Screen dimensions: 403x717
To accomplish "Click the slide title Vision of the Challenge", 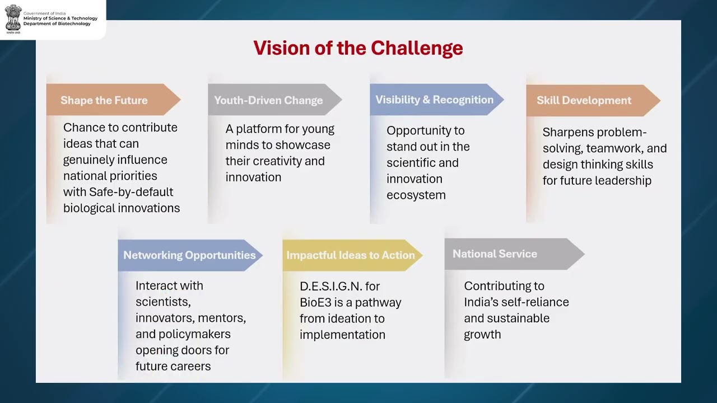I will tap(358, 48).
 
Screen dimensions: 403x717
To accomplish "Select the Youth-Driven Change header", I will tap(268, 100).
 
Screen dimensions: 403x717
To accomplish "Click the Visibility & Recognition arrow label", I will tap(434, 100).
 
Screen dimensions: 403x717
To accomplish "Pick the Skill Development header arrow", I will tap(584, 100).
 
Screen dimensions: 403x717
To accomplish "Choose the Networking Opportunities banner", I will tap(189, 255).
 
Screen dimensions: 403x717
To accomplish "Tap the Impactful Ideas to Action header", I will tap(351, 255).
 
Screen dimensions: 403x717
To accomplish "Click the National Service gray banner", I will tap(495, 254).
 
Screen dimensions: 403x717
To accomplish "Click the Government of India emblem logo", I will tap(13, 17).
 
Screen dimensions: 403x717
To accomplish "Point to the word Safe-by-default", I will tap(131, 192).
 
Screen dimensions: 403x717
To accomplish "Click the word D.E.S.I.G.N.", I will tap(330, 287).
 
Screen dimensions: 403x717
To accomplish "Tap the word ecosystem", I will tap(416, 195).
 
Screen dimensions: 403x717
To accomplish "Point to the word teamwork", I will tap(607, 149).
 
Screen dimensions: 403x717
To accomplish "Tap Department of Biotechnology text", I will tap(57, 24).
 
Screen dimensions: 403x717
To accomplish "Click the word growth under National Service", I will tap(482, 335).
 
